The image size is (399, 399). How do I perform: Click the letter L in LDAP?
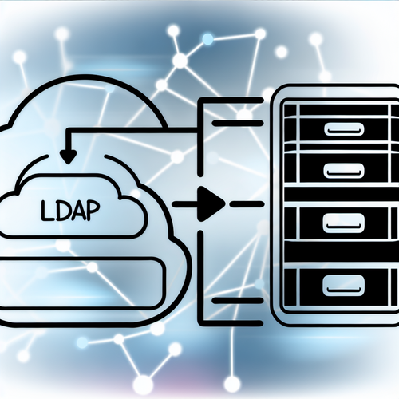[x=47, y=211]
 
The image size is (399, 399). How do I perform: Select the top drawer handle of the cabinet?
[x=344, y=129]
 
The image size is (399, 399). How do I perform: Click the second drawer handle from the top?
[x=344, y=170]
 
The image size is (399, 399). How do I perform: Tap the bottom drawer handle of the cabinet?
[x=342, y=286]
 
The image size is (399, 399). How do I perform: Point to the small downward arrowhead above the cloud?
[x=69, y=156]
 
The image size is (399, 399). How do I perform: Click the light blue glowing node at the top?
[x=207, y=40]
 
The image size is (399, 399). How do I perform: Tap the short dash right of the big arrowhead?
[x=247, y=204]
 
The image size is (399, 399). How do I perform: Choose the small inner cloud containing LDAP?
[x=73, y=205]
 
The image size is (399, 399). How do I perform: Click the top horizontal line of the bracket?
[x=231, y=101]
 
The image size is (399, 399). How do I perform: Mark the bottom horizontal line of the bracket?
[x=231, y=322]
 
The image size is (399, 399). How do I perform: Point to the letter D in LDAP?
[x=61, y=212]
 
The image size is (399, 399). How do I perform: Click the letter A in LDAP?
[x=77, y=211]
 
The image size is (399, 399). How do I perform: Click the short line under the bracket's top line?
[x=237, y=123]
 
